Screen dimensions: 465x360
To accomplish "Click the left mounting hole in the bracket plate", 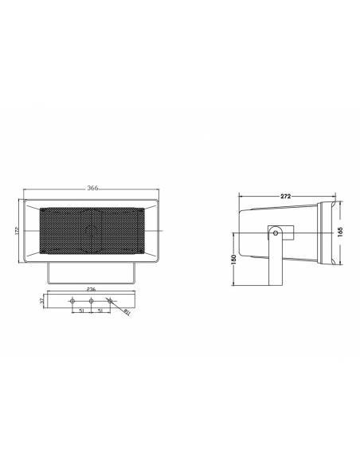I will (x=73, y=301).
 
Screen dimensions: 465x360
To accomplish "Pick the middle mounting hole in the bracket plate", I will (x=92, y=301).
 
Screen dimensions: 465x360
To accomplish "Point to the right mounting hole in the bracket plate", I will (x=109, y=301).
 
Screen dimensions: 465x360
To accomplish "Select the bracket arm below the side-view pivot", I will (x=275, y=263).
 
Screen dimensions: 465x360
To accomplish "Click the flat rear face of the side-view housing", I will (x=241, y=230).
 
